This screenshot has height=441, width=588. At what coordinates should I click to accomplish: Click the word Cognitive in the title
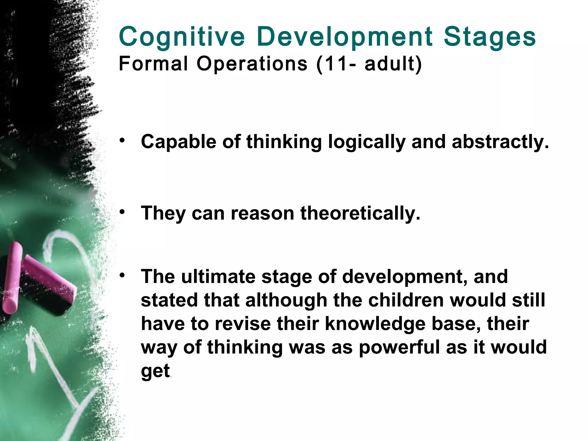pos(181,37)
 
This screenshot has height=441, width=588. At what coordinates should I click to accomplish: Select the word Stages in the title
pos(490,37)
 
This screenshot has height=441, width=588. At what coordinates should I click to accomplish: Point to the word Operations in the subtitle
pos(252,64)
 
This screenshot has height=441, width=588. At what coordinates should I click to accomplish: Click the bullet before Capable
pos(123,140)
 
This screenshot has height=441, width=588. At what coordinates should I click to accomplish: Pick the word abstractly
pos(500,142)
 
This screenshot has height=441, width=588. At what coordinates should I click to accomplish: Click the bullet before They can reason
pos(123,212)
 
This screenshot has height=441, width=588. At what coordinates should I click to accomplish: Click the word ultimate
pos(218,276)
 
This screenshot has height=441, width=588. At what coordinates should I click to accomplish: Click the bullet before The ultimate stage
pos(123,275)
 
